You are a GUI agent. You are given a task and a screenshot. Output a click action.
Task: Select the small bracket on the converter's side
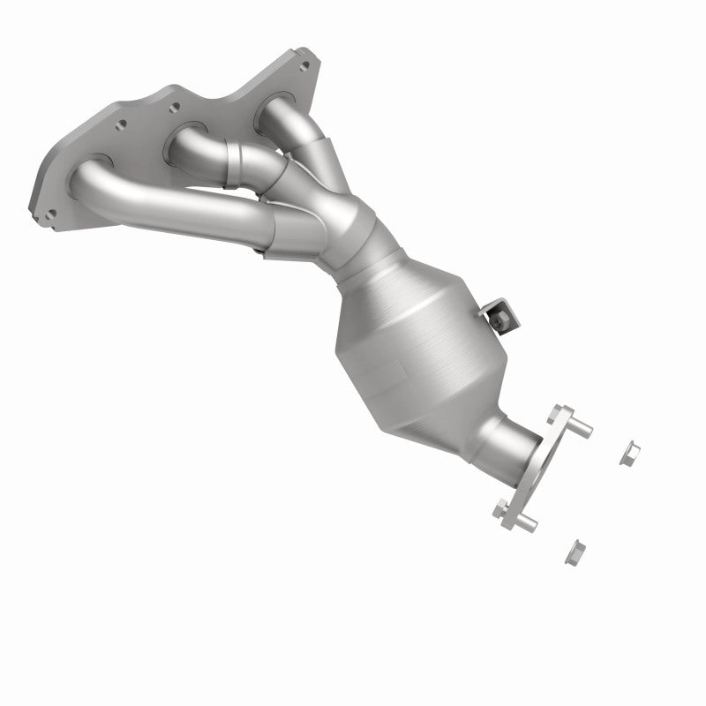point(496,313)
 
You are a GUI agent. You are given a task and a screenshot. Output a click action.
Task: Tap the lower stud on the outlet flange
point(527,525)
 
